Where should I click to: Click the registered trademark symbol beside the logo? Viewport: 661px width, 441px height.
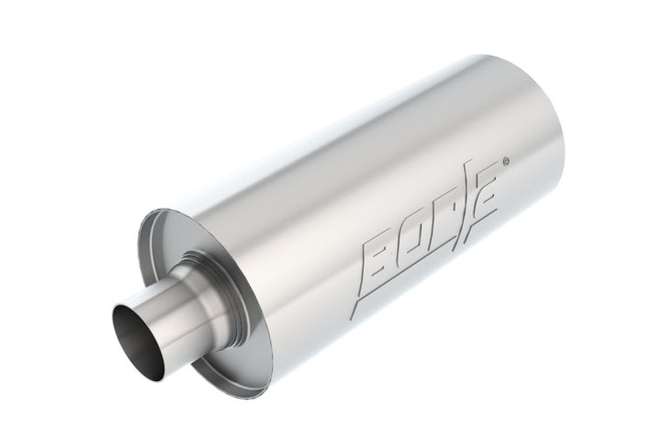point(510,166)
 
